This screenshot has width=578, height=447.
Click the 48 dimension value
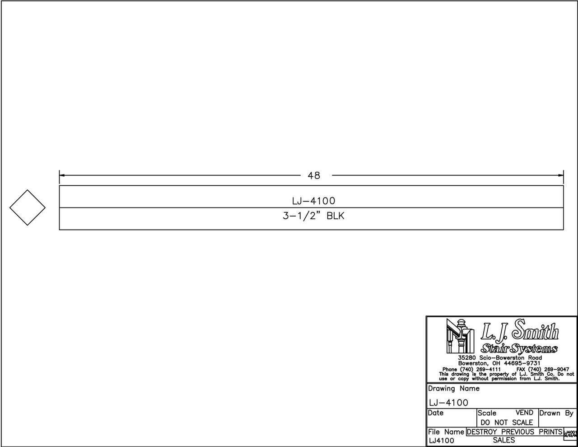pos(314,175)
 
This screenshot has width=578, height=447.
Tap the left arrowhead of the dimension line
pos(62,175)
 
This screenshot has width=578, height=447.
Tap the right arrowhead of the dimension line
pos(561,175)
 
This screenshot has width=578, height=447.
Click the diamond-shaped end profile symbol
pos(28,207)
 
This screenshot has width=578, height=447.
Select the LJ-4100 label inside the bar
pos(314,201)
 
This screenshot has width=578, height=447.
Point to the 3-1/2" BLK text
pos(314,216)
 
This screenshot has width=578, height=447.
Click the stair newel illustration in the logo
pos(458,336)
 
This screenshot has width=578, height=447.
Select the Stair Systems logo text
pos(519,348)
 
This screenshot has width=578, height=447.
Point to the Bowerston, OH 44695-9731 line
pos(499,363)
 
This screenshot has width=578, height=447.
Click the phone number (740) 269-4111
pos(471,369)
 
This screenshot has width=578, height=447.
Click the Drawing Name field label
pos(454,389)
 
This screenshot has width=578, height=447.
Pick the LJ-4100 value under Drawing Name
pos(449,403)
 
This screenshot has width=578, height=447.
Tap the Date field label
pos(436,413)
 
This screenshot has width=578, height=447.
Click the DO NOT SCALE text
pos(507,423)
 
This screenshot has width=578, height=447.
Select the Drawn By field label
pos(556,413)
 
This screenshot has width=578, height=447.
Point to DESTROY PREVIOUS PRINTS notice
pos(514,432)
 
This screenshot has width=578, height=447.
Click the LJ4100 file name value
pos(442,441)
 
